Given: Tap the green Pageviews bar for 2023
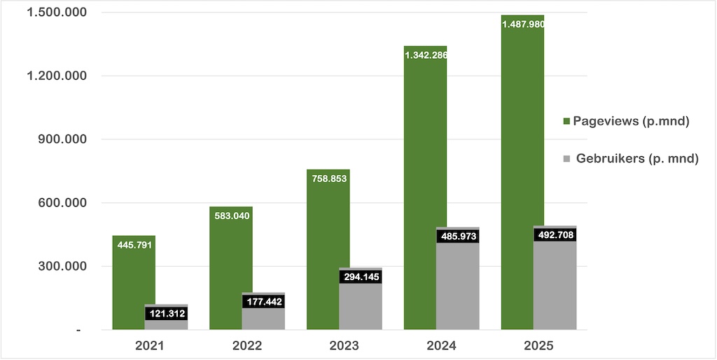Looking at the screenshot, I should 328,252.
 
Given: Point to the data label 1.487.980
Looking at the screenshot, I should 523,25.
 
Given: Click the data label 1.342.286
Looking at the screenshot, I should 425,55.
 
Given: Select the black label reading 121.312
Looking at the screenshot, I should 166,313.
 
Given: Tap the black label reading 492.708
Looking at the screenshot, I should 555,235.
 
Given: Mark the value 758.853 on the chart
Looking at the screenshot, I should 327,179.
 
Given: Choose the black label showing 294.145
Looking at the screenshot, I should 361,277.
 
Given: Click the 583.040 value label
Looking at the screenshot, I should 230,216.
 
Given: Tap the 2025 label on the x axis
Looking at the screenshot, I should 538,346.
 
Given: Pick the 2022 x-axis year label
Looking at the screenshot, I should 247,346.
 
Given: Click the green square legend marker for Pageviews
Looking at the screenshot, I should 566,122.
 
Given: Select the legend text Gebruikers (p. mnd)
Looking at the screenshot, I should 637,159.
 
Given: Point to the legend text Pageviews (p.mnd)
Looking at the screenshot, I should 632,121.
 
